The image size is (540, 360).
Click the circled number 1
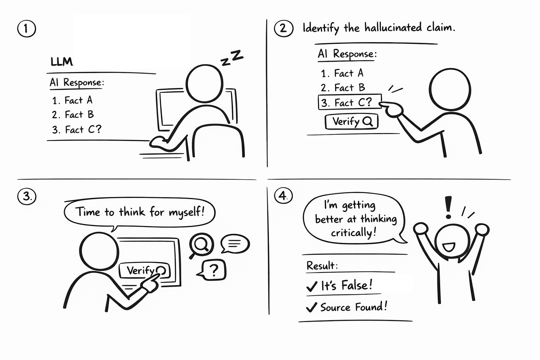coord(26,28)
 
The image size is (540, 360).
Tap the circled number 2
coord(284,28)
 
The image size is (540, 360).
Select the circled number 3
coord(27,196)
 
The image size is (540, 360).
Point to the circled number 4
coord(283,195)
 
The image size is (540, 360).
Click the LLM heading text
coord(62,62)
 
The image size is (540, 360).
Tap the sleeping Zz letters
coord(232,58)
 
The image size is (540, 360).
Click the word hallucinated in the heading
coord(393,27)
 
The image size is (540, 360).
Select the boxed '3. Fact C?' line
coord(350,102)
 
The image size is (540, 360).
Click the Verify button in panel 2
coord(352,122)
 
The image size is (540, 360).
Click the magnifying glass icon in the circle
coord(201,245)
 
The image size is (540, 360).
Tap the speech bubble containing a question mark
coord(212,270)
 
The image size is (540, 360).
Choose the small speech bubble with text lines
coord(235,244)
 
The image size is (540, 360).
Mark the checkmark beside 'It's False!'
coord(312,286)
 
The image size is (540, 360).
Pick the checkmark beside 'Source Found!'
coord(311,307)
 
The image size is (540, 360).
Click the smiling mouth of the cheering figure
coord(449,247)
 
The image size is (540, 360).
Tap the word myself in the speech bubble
coord(186,212)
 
